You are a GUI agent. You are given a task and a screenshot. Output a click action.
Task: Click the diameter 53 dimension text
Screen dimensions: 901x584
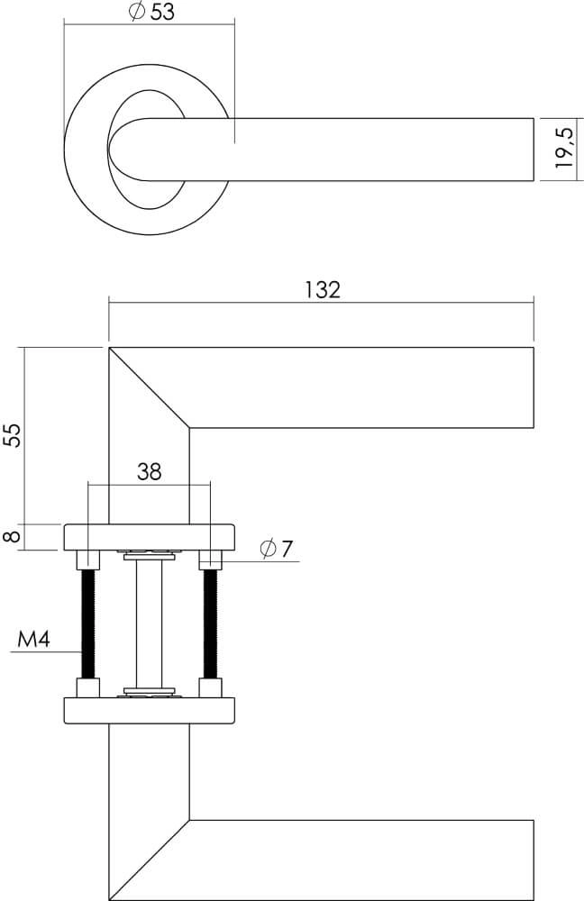click(x=151, y=12)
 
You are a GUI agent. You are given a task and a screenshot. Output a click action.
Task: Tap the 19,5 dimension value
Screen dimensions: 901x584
click(x=563, y=149)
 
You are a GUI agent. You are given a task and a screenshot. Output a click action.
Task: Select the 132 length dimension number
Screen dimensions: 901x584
click(x=322, y=289)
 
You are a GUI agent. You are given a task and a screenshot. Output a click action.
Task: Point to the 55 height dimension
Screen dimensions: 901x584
click(x=12, y=434)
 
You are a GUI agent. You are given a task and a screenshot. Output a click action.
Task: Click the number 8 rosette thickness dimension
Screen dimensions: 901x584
click(x=12, y=536)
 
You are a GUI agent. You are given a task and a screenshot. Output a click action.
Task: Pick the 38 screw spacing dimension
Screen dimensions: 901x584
click(x=149, y=471)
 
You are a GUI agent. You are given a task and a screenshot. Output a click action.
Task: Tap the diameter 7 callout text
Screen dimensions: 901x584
click(x=276, y=549)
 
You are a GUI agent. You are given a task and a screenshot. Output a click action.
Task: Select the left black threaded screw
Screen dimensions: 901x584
click(x=87, y=624)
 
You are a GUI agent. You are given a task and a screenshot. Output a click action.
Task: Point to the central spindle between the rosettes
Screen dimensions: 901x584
click(x=149, y=623)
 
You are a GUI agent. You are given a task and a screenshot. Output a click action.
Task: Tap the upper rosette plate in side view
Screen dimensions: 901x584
click(x=149, y=537)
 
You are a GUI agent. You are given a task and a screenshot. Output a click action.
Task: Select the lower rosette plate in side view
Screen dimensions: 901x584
click(x=149, y=710)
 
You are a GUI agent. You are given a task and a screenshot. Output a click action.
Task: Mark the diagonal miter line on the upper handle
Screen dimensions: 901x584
click(x=149, y=387)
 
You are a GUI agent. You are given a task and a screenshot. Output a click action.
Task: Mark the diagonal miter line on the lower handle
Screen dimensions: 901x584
click(x=149, y=860)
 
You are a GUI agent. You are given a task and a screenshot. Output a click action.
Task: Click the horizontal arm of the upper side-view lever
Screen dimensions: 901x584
click(x=360, y=387)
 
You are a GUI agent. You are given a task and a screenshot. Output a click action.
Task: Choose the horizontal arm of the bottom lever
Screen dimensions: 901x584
click(x=360, y=860)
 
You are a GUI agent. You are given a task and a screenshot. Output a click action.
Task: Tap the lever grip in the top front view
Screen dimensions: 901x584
click(x=360, y=149)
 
